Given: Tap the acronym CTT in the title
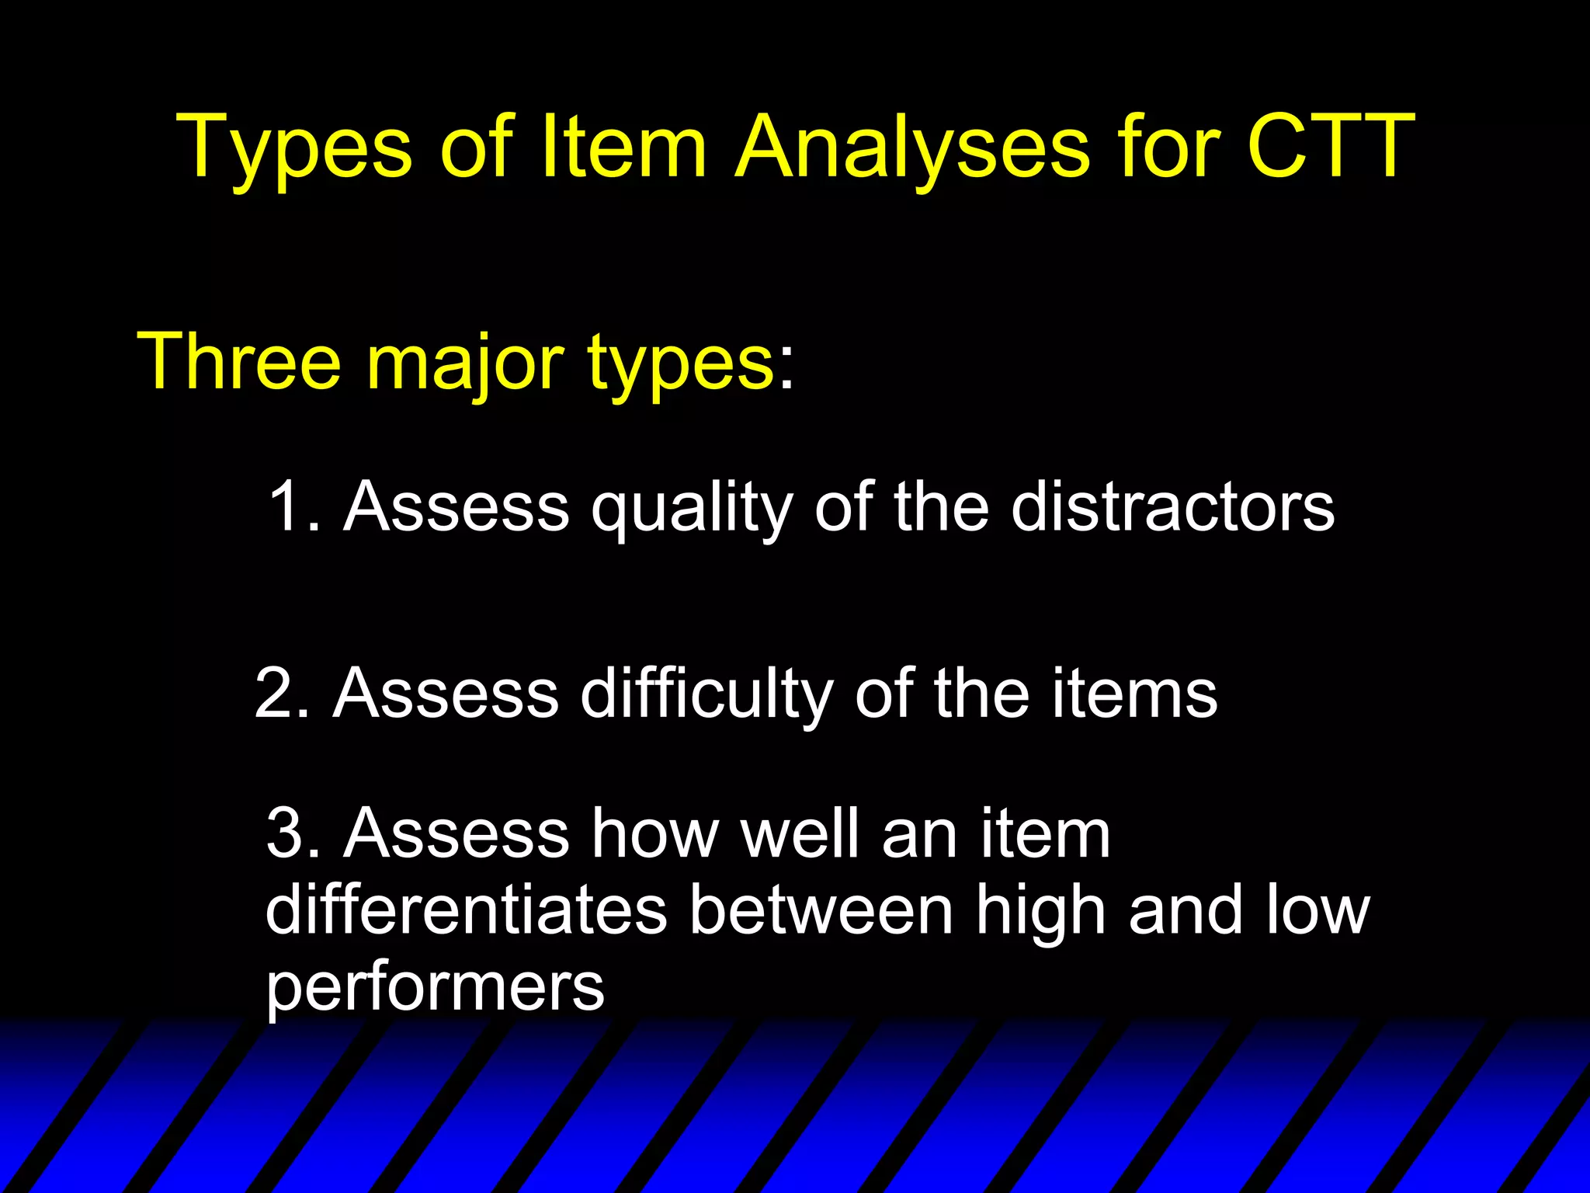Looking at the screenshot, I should pyautogui.click(x=1331, y=145).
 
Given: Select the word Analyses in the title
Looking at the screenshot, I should pyautogui.click(x=912, y=148).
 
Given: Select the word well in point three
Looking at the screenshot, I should pyautogui.click(x=799, y=833).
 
